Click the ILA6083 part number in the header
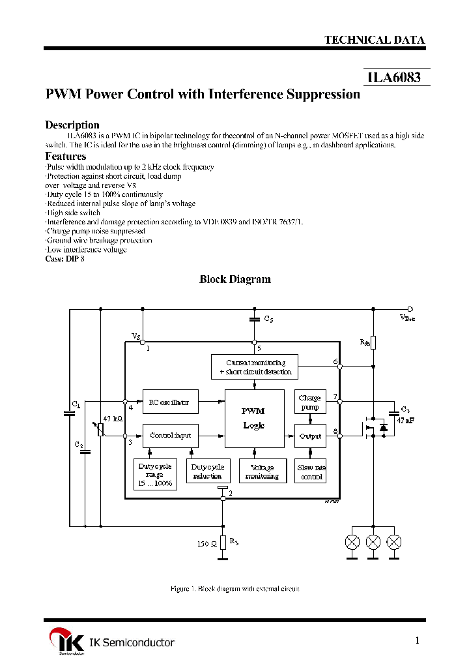point(394,78)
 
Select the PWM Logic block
point(253,418)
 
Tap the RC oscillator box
point(169,402)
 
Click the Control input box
point(169,435)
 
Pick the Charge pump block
point(309,402)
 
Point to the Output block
point(309,436)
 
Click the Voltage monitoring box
point(262,472)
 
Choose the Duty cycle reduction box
point(207,472)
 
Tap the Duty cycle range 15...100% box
point(155,475)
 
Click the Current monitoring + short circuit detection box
point(255,367)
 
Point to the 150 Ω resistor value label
point(206,543)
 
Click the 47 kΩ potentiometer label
point(112,418)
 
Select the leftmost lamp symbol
point(352,541)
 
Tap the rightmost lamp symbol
point(394,541)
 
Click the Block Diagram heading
point(234,279)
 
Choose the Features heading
point(65,156)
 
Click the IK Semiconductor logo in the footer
point(61,642)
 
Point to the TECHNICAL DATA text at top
point(375,40)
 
